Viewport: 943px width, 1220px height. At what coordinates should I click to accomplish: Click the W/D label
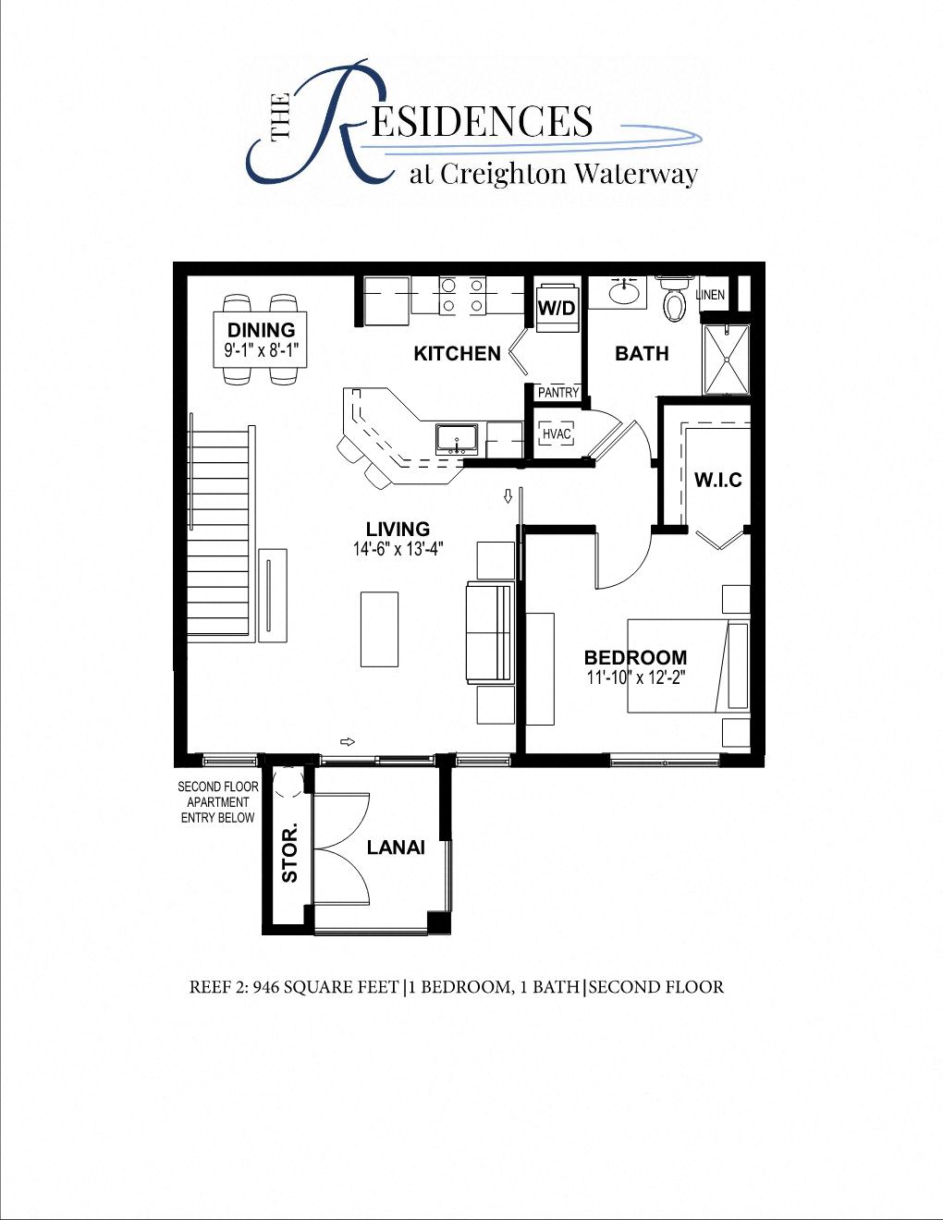pyautogui.click(x=557, y=308)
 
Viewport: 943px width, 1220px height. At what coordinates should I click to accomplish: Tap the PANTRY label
pyautogui.click(x=558, y=393)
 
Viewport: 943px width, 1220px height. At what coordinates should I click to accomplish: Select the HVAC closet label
pyautogui.click(x=557, y=434)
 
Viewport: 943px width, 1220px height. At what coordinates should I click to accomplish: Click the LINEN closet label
pyautogui.click(x=710, y=295)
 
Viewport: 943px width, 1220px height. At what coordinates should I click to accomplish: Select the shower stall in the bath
pyautogui.click(x=726, y=359)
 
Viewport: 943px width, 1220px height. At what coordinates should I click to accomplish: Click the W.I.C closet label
pyautogui.click(x=718, y=480)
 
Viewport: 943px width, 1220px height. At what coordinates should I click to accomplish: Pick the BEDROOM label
pyautogui.click(x=635, y=658)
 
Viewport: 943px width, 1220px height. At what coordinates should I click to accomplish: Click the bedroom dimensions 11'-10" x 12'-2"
pyautogui.click(x=635, y=677)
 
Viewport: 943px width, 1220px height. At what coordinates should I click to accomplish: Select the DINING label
pyautogui.click(x=262, y=330)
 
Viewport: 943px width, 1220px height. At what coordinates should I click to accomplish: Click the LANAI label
pyautogui.click(x=396, y=848)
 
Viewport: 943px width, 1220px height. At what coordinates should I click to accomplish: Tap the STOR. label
pyautogui.click(x=290, y=851)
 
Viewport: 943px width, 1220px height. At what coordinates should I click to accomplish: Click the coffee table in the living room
pyautogui.click(x=379, y=628)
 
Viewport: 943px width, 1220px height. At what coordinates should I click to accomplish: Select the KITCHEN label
pyautogui.click(x=457, y=353)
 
